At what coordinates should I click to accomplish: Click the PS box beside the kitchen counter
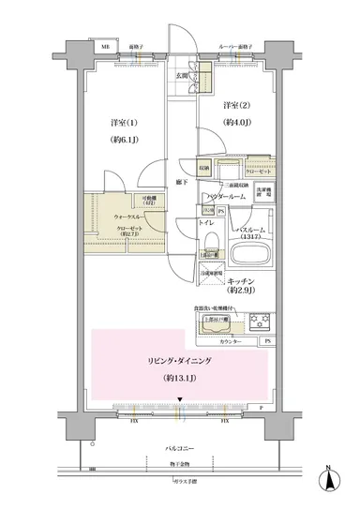tap(268, 340)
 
